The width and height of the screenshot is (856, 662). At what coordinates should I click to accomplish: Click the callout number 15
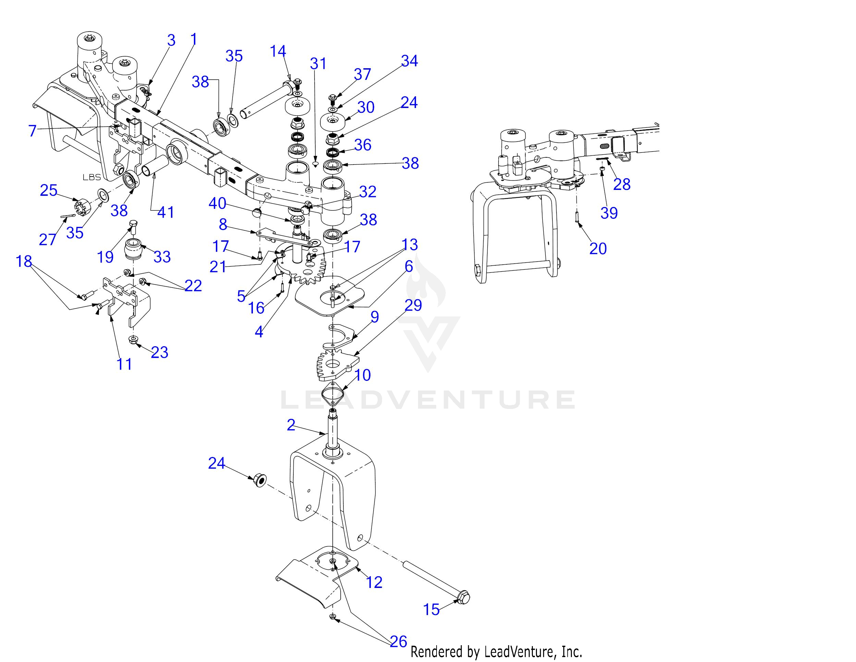tap(431, 610)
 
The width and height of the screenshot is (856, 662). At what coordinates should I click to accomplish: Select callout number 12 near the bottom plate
tap(374, 582)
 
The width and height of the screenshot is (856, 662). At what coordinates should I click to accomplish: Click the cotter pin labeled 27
tap(68, 216)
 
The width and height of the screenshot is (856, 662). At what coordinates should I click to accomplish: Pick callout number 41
tap(166, 212)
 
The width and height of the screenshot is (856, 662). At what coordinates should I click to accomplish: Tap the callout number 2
tap(291, 425)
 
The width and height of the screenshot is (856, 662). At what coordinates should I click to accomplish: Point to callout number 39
tap(609, 213)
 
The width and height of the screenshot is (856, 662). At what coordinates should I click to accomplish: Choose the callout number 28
tap(622, 184)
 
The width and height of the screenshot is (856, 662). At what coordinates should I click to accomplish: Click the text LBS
tap(92, 177)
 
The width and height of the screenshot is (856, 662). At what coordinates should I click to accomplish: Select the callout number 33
tap(162, 257)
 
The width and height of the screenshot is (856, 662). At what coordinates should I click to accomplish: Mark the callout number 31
tap(318, 63)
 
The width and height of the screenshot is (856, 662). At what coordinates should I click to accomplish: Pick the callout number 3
tap(171, 40)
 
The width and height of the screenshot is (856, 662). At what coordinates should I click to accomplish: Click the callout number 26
tap(399, 642)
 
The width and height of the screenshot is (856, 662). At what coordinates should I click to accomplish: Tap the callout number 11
tap(124, 364)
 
